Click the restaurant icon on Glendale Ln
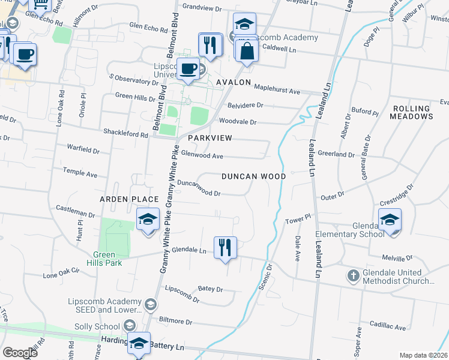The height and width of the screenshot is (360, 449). tap(225, 247)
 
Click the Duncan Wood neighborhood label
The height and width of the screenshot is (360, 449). tap(253, 177)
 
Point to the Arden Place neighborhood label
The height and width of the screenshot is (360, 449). tap(129, 199)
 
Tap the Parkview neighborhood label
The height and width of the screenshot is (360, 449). tap(209, 138)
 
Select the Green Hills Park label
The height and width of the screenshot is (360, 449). tap(107, 259)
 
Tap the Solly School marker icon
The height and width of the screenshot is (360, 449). tap(129, 326)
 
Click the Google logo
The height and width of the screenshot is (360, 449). tap(20, 353)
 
